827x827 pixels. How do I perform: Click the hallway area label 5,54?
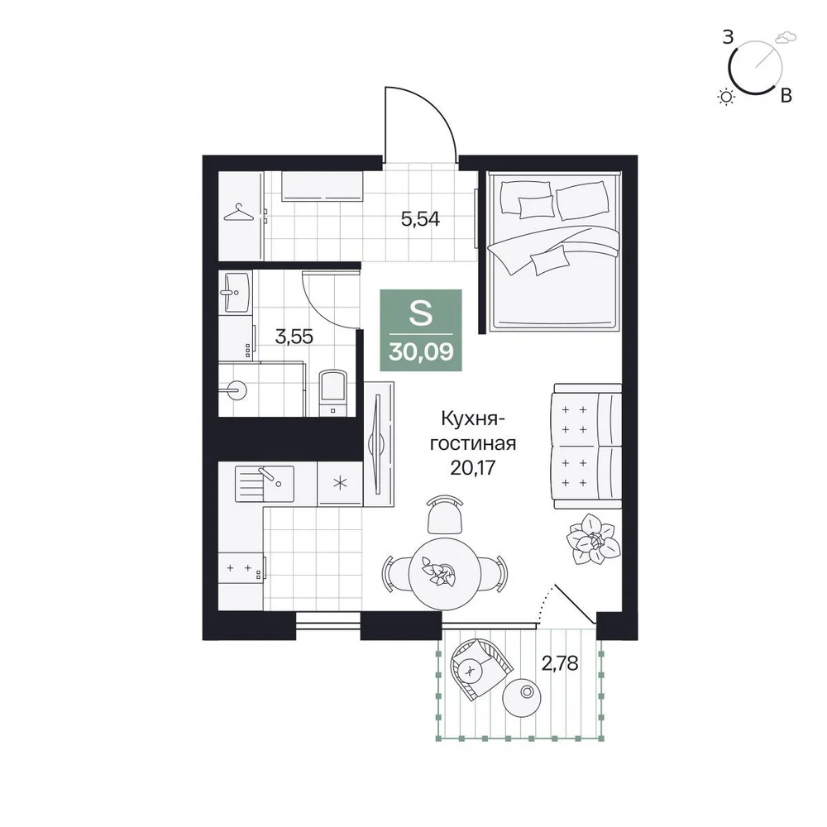point(420,218)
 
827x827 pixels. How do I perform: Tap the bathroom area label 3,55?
point(294,337)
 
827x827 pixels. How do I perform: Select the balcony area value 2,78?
point(560,663)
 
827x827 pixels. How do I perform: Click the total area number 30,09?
point(421,351)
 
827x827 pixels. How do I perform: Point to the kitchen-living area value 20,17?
point(473,467)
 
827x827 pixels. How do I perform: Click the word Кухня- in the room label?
point(473,420)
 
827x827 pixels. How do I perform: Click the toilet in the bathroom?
point(332,392)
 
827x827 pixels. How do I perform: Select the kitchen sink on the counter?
point(265,483)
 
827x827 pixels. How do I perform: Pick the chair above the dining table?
point(445,514)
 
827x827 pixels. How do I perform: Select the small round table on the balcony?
point(522,696)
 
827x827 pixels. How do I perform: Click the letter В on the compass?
point(786,95)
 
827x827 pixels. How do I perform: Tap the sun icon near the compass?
point(727,97)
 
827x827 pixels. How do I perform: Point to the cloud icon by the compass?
point(786,37)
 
